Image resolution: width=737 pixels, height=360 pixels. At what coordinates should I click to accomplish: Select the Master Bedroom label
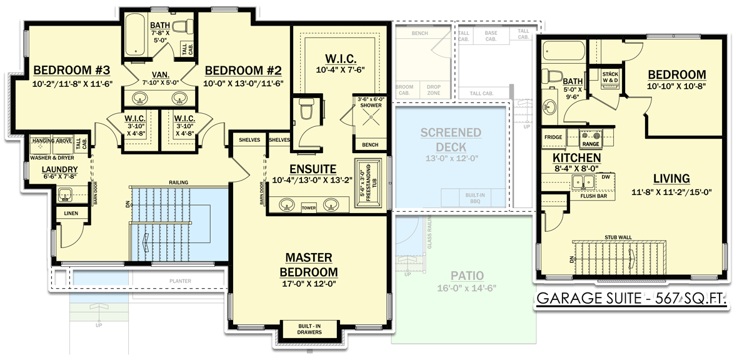[309, 264]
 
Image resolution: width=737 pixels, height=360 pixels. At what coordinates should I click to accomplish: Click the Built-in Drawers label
[309, 329]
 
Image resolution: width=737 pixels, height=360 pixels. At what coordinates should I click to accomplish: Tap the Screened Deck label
[450, 139]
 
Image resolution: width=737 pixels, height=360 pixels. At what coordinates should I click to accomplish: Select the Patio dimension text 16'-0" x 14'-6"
[471, 289]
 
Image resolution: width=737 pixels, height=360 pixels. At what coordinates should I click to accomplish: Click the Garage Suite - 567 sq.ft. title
[631, 300]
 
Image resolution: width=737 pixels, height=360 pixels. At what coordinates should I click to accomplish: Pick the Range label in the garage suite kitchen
[591, 143]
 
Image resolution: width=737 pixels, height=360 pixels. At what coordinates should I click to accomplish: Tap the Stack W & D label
[610, 77]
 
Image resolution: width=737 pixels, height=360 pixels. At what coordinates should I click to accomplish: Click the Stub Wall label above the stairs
[618, 237]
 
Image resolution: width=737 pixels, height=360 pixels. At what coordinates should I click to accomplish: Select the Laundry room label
[59, 169]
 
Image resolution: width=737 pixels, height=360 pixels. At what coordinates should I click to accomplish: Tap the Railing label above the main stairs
[178, 182]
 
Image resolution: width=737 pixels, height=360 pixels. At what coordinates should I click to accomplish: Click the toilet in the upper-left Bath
[182, 27]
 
